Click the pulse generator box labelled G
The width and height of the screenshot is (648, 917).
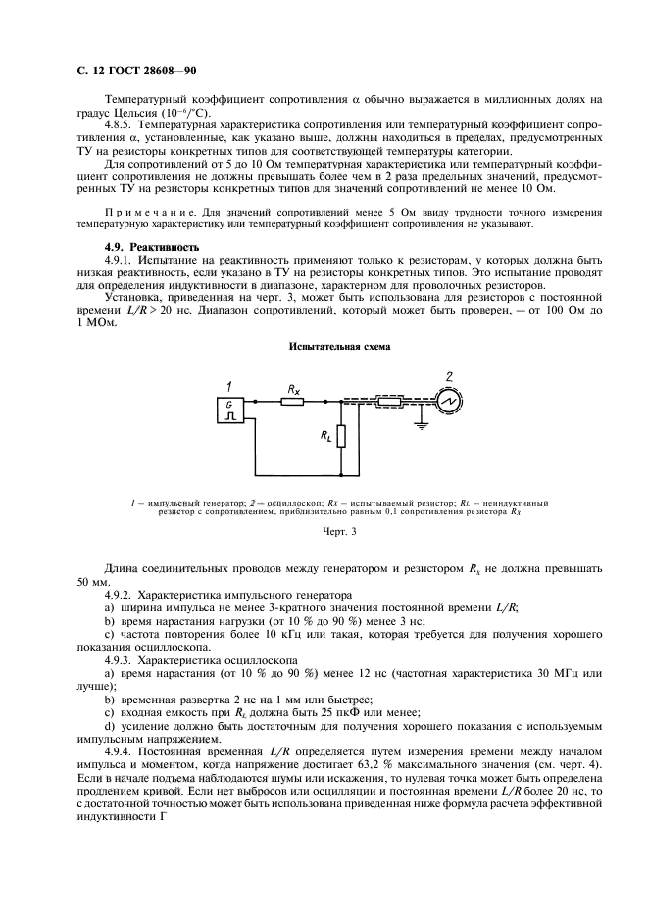229,410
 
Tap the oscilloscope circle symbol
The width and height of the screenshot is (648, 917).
450,401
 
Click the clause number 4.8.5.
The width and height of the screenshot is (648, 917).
121,126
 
